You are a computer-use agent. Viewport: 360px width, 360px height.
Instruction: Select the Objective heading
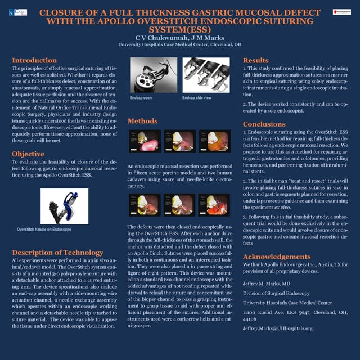(x=28, y=154)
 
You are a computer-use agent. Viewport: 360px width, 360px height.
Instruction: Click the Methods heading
(x=142, y=121)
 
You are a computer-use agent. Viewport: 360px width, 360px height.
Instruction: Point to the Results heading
(x=256, y=60)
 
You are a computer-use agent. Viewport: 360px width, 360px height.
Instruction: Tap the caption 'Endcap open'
(x=141, y=98)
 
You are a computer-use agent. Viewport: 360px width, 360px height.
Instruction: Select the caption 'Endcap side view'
(x=197, y=98)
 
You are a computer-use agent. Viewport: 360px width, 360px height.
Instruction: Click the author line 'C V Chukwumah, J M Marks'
(x=180, y=37)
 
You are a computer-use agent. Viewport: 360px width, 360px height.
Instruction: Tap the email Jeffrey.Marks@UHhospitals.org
(x=277, y=328)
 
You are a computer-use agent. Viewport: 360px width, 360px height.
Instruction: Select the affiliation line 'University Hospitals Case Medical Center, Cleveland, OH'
(x=180, y=44)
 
